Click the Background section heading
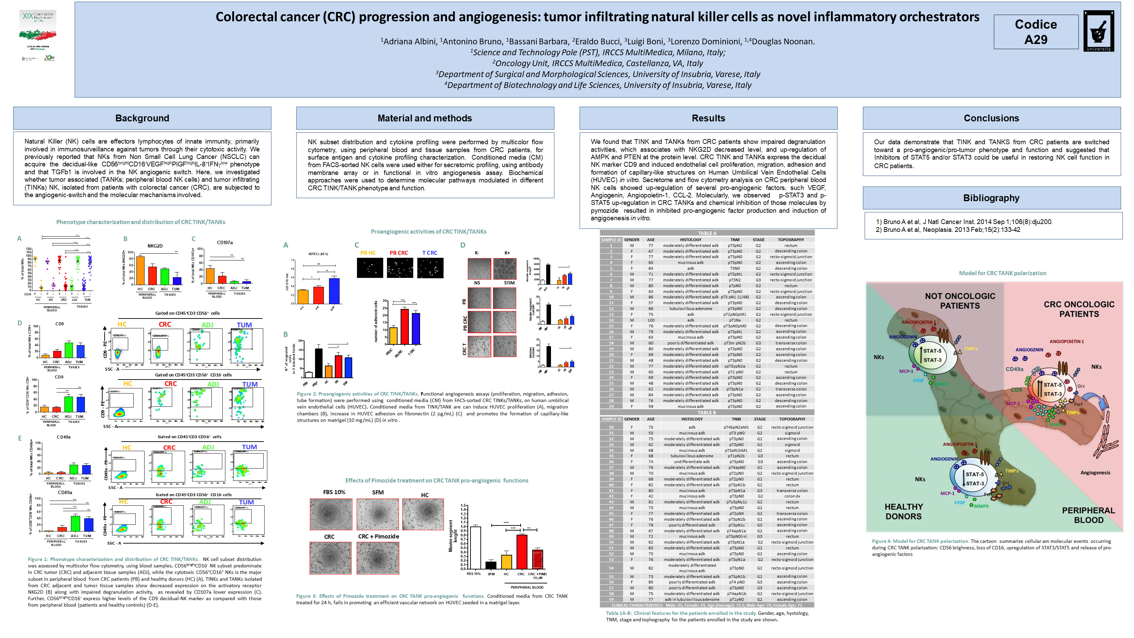[142, 118]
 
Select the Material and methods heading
[425, 118]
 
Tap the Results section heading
[708, 118]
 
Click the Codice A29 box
[1035, 32]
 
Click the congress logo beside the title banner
[38, 35]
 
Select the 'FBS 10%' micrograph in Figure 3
[331, 514]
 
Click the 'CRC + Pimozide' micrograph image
[378, 558]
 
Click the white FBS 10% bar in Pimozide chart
[475, 547]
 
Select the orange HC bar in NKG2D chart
[140, 270]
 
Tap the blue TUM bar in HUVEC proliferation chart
[334, 291]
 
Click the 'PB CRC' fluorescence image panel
[400, 268]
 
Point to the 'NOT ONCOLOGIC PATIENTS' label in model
[960, 301]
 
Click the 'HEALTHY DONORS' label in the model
[903, 511]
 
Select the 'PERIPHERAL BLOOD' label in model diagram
[1088, 515]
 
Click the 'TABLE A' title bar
[707, 233]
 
